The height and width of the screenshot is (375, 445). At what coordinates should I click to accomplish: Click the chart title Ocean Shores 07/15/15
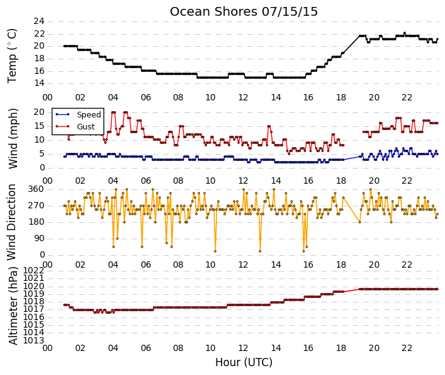[244, 11]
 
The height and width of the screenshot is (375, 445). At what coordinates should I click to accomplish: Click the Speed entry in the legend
[89, 115]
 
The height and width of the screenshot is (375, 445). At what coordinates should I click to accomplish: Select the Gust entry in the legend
[86, 127]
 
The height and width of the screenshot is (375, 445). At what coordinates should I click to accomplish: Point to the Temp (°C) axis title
[12, 56]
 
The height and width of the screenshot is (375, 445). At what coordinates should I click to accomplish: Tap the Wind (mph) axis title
[13, 138]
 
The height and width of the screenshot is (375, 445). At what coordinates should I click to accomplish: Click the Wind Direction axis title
[11, 222]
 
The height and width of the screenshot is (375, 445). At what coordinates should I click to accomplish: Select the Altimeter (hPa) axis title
[13, 306]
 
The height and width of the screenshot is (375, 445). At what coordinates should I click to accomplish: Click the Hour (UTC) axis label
[244, 362]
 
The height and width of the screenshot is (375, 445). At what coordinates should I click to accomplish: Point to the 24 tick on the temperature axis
[39, 21]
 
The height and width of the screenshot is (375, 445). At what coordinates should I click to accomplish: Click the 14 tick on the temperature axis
[39, 83]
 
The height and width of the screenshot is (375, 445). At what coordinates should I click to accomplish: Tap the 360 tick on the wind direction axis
[37, 189]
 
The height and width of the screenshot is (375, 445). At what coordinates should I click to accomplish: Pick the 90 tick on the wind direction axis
[39, 239]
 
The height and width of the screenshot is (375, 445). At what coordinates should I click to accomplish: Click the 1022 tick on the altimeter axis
[33, 270]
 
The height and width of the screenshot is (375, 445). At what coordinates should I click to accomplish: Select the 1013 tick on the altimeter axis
[33, 340]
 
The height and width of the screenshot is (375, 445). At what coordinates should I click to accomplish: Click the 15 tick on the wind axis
[39, 126]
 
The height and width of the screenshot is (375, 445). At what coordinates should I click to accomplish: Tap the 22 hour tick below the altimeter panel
[406, 348]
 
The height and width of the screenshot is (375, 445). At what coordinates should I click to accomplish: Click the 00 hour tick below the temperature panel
[47, 97]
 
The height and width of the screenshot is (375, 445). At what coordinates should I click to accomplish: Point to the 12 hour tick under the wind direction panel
[243, 265]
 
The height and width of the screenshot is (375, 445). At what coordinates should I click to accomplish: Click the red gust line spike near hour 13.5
[269, 126]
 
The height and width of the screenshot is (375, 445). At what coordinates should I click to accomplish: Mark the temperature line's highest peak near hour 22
[405, 33]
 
